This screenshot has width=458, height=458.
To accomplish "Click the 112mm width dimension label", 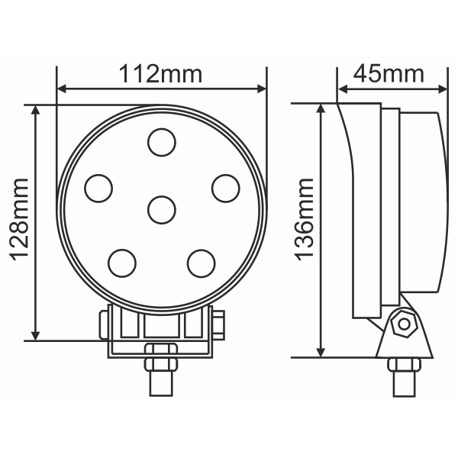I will pyautogui.click(x=160, y=74).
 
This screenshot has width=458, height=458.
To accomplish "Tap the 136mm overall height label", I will pyautogui.click(x=304, y=220).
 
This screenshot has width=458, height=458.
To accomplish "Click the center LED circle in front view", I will pyautogui.click(x=161, y=209).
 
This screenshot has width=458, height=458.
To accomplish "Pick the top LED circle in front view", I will pyautogui.click(x=161, y=142).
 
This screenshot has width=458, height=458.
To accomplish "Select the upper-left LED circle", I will pyautogui.click(x=98, y=188).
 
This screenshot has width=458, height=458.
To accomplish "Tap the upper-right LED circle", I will pyautogui.click(x=225, y=188).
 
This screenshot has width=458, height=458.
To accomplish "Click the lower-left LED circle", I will pyautogui.click(x=122, y=263).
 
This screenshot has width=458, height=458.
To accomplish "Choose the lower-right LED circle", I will pyautogui.click(x=201, y=263).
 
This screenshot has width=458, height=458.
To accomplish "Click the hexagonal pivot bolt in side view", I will pyautogui.click(x=402, y=324).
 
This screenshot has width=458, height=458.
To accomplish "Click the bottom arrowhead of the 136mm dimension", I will pyautogui.click(x=321, y=350).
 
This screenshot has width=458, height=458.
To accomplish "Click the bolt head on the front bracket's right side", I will pyautogui.click(x=220, y=324).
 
